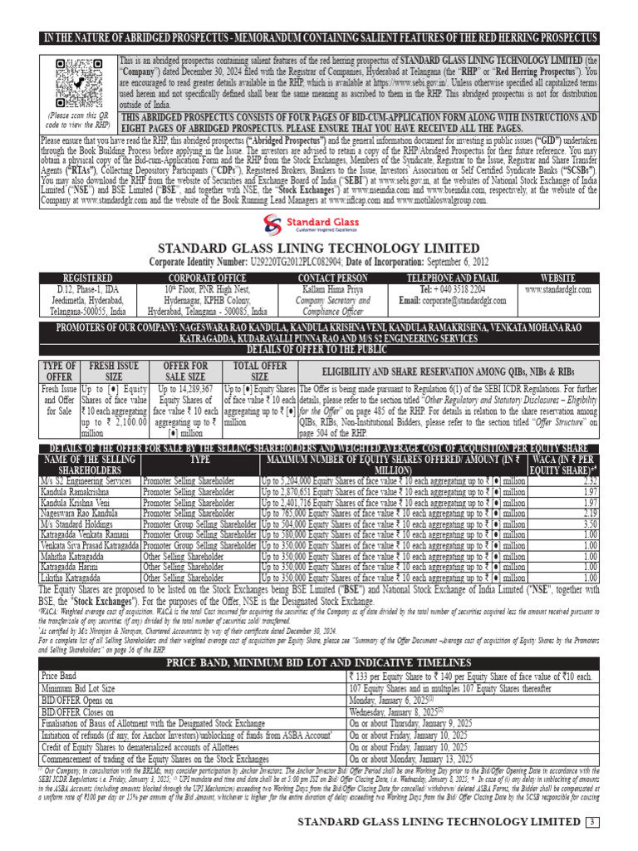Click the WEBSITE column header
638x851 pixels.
[557, 278]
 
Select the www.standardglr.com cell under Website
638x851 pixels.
[557, 289]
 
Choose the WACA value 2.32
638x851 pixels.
[590, 481]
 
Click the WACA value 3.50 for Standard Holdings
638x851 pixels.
[590, 525]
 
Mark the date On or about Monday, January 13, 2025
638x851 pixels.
[412, 759]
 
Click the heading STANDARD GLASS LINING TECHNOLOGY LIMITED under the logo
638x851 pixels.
[318, 249]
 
